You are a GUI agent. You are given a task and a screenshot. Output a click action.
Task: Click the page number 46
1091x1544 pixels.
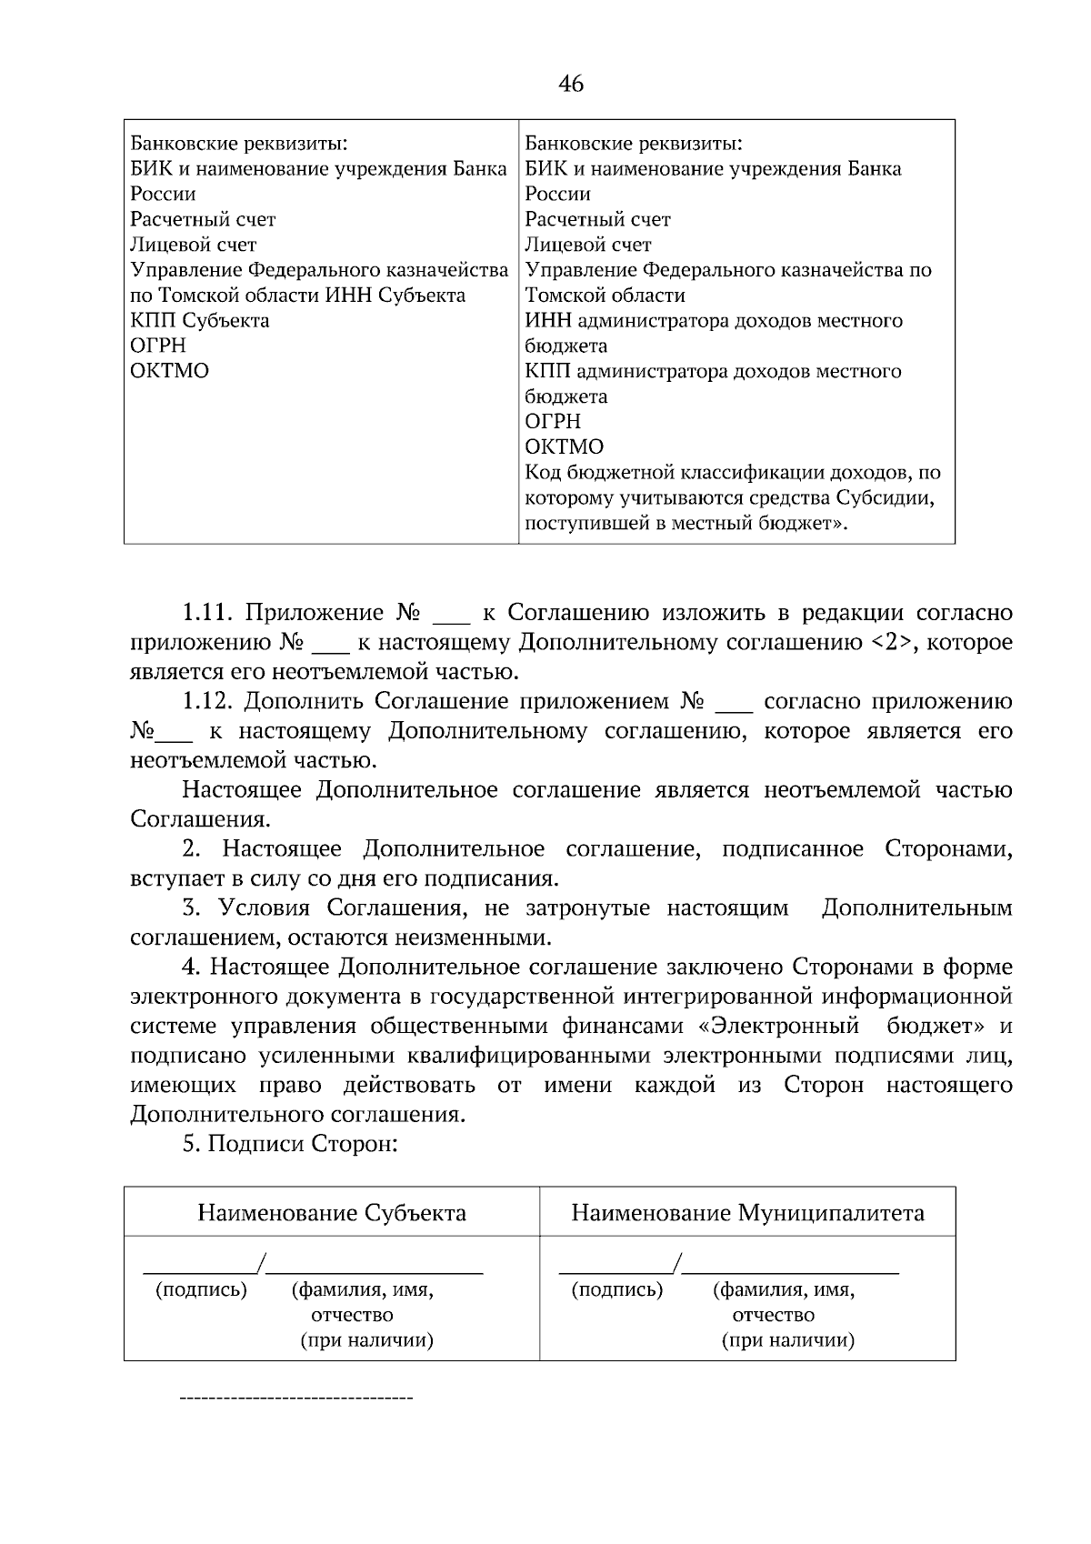(x=571, y=85)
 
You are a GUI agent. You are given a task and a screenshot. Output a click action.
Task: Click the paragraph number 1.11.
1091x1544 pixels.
(x=208, y=613)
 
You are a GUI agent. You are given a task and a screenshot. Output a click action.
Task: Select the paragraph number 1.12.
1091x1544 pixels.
(x=208, y=701)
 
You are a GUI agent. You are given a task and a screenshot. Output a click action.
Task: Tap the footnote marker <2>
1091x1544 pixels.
(x=891, y=643)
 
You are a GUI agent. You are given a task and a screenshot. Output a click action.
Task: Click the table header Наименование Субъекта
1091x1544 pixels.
(x=332, y=1212)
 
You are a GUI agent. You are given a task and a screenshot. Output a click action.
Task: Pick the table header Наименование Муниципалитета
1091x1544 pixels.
(x=747, y=1212)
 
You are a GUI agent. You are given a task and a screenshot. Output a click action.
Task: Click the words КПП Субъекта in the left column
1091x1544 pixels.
(x=200, y=320)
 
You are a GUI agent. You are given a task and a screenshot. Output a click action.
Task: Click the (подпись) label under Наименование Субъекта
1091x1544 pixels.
(x=202, y=1289)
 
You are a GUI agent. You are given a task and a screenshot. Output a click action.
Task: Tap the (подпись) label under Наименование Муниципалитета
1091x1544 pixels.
(x=617, y=1289)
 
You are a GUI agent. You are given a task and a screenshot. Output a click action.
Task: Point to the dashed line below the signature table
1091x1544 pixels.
(x=296, y=1396)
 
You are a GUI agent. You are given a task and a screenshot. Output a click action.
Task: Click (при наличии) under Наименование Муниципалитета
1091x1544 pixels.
(x=787, y=1340)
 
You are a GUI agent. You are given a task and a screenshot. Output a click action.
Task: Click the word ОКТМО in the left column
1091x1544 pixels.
(x=170, y=371)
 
